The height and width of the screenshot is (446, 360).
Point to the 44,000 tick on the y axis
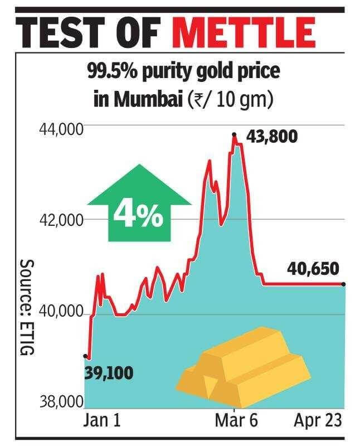coord(61,130)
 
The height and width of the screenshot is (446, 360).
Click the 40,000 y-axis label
coord(61,312)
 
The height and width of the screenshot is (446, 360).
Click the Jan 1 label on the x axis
coord(102,420)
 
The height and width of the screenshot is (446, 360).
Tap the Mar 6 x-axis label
coord(236,420)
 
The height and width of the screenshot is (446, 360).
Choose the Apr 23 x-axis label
coord(318,420)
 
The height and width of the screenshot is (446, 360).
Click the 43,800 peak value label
coord(271,137)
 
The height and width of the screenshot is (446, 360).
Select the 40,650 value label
coord(313,269)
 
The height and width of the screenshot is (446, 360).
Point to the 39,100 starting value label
coord(109,373)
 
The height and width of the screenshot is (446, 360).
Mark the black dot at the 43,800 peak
coord(234,134)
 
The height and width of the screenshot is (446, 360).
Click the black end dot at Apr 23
coord(343,284)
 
